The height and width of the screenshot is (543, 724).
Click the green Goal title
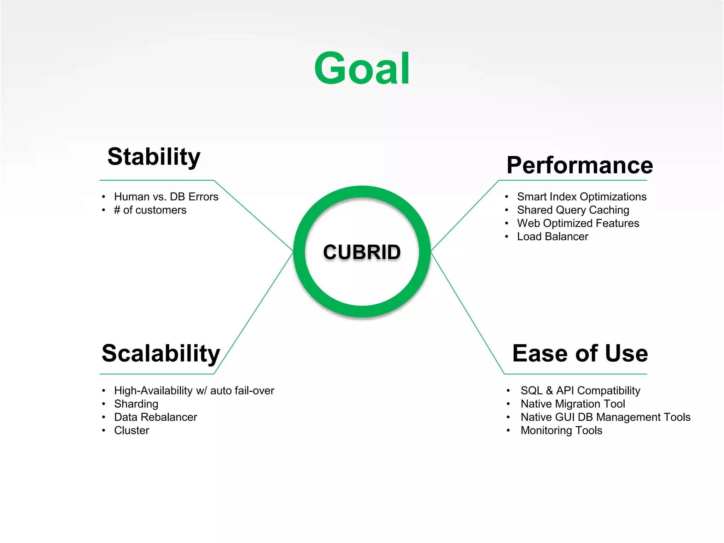tap(362, 69)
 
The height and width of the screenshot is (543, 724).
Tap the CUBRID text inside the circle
tap(362, 252)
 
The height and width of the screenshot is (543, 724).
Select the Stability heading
tap(154, 157)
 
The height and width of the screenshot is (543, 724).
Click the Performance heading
tap(579, 165)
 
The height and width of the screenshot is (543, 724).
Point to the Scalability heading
tap(161, 353)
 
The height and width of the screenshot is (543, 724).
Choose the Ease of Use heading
tap(580, 353)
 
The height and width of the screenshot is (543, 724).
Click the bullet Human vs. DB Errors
tap(166, 197)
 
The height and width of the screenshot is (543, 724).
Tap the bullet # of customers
tap(150, 210)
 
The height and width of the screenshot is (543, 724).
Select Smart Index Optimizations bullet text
tap(582, 197)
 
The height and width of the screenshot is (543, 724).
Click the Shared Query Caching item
tap(573, 210)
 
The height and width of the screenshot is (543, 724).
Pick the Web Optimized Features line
tap(578, 223)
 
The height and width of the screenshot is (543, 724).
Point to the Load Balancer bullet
tap(553, 237)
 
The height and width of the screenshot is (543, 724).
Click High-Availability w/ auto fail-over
tap(194, 391)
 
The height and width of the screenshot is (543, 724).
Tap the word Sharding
tap(136, 404)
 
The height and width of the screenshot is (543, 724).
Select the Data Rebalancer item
tap(156, 417)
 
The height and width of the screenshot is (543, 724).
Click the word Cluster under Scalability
tap(132, 431)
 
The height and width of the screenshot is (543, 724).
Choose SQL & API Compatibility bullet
tap(580, 391)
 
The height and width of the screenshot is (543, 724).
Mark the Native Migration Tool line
tap(573, 404)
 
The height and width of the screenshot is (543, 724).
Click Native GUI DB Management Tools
tap(605, 417)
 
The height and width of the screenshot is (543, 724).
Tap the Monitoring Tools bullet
tap(561, 431)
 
